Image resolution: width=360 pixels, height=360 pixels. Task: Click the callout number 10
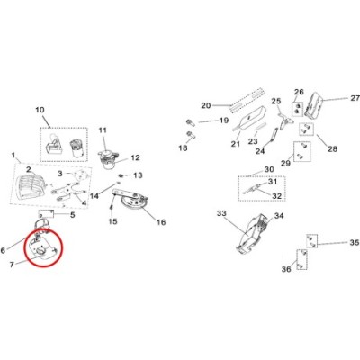[40, 110]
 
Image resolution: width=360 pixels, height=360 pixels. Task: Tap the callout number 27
[355, 98]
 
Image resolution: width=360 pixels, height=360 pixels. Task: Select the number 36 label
[286, 269]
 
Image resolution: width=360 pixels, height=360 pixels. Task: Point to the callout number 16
[161, 222]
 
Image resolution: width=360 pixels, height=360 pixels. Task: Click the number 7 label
[12, 265]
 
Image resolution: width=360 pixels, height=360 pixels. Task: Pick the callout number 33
[221, 213]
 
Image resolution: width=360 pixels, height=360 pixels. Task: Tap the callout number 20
[206, 105]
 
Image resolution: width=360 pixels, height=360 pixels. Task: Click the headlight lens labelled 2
[29, 186]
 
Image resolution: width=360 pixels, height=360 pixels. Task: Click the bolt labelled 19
[190, 122]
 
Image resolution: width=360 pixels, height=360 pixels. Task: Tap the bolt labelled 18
[190, 134]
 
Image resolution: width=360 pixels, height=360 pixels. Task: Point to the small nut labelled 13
[121, 175]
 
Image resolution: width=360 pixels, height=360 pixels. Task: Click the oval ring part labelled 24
[274, 135]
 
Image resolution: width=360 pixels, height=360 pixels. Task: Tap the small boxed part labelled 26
[298, 110]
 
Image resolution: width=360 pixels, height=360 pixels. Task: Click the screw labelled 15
[112, 208]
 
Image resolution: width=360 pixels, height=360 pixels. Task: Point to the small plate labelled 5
[46, 214]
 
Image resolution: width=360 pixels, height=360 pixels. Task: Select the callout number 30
[269, 169]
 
